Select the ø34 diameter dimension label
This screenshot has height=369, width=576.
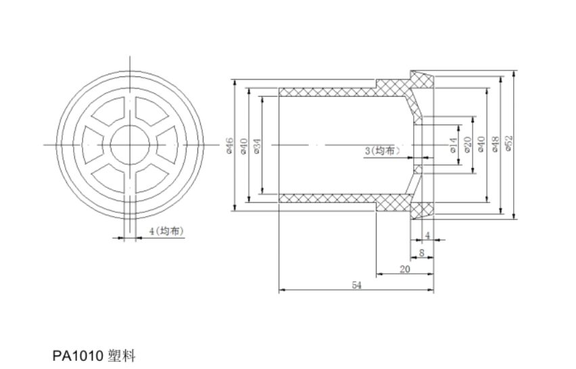(258, 145)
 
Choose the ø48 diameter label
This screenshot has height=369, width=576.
(496, 144)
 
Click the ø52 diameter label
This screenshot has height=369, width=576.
(509, 144)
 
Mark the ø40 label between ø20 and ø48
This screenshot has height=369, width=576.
(481, 144)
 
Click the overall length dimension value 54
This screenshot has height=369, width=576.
(356, 286)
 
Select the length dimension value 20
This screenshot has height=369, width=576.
(405, 268)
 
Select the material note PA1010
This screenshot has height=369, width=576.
(77, 355)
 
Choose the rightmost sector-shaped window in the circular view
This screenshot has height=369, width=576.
(164, 145)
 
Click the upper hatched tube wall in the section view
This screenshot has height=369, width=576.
(328, 91)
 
